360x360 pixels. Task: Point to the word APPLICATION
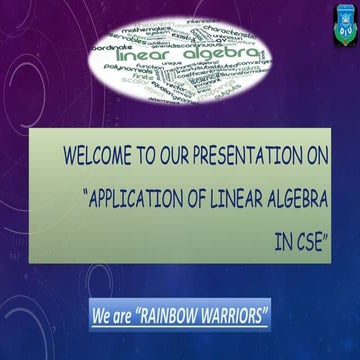pos(144,197)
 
